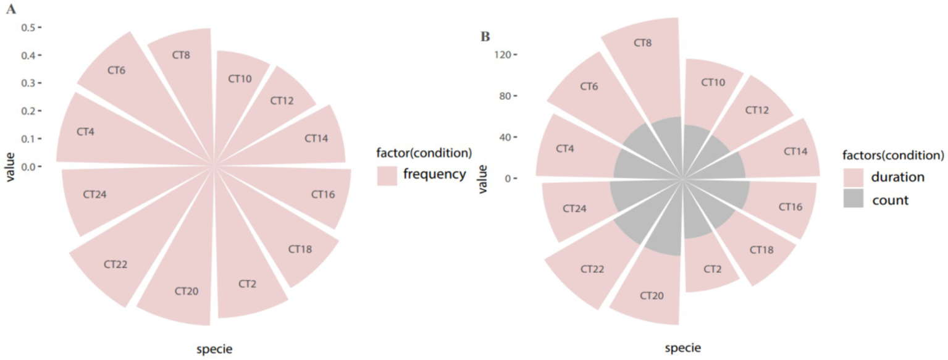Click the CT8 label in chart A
(x=182, y=56)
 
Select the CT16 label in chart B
(x=791, y=206)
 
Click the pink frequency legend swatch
(x=387, y=175)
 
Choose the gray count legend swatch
(x=854, y=199)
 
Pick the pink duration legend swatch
(x=854, y=178)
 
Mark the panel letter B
(x=485, y=37)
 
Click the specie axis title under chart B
(x=682, y=348)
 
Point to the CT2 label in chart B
(x=712, y=269)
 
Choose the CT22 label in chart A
(x=115, y=264)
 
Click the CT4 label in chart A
(x=86, y=132)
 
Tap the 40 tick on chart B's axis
(x=504, y=137)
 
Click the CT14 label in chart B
(x=795, y=151)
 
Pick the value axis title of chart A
(x=10, y=167)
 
